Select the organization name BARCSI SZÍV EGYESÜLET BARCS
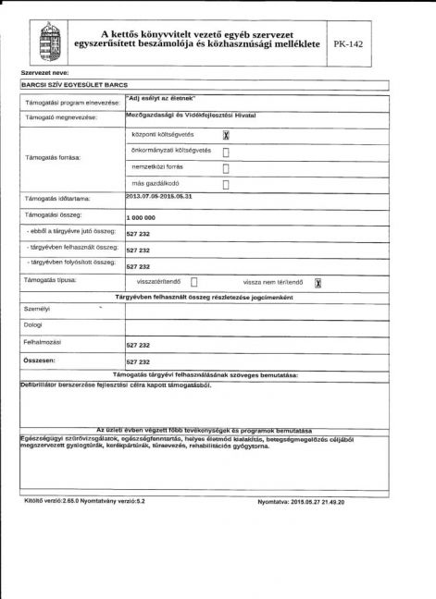click(73, 84)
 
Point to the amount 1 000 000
click(141, 217)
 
